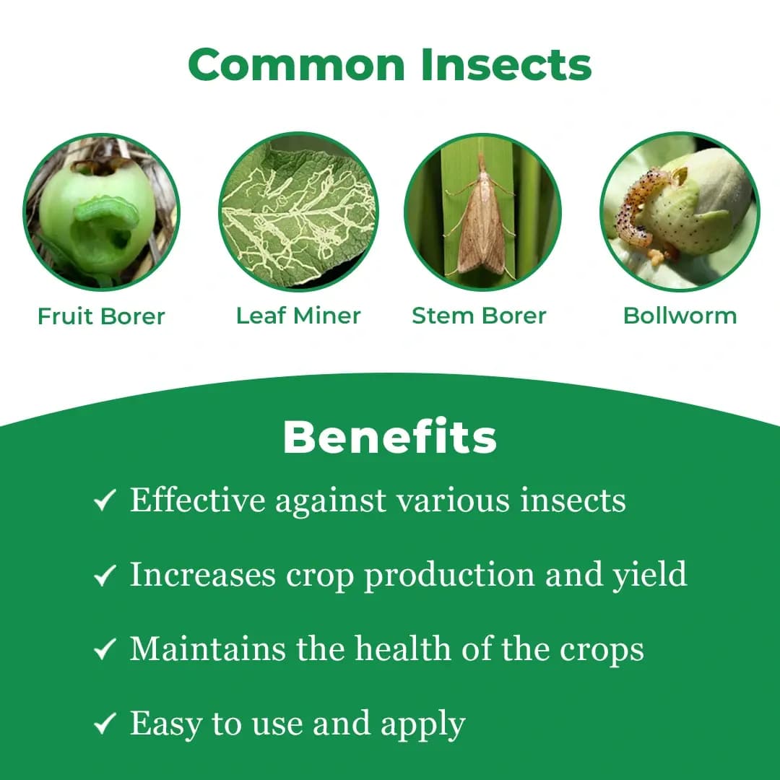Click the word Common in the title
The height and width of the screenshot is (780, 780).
[x=298, y=65]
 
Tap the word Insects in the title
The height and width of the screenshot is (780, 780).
[x=506, y=65]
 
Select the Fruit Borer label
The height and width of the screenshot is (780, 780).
[x=101, y=316]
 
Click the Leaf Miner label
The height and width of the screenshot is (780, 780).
[x=298, y=316]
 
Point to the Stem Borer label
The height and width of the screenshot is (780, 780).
[x=479, y=316]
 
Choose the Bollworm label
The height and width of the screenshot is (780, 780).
[x=680, y=316]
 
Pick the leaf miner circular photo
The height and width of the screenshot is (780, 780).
[x=298, y=212]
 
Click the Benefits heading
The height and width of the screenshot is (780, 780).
[x=390, y=437]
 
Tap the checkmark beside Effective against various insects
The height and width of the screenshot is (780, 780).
[x=105, y=500]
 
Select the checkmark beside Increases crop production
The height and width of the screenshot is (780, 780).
[x=105, y=576]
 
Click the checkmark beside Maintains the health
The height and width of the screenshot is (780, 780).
[x=105, y=650]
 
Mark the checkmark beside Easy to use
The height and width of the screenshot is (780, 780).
[x=105, y=724]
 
